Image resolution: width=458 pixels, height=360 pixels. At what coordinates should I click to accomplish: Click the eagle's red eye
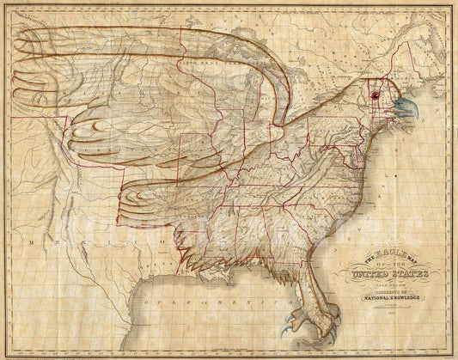coord(375,96)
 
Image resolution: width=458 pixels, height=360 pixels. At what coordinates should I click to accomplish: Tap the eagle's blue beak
coord(403,108)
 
